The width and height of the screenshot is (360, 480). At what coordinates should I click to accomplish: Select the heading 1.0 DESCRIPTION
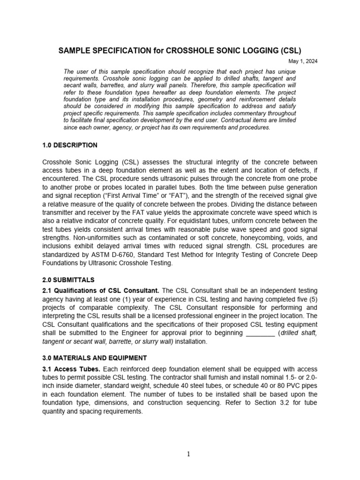70,145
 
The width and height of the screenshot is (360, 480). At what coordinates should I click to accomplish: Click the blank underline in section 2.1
260,333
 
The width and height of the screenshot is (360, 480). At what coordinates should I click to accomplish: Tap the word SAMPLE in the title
74,51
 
